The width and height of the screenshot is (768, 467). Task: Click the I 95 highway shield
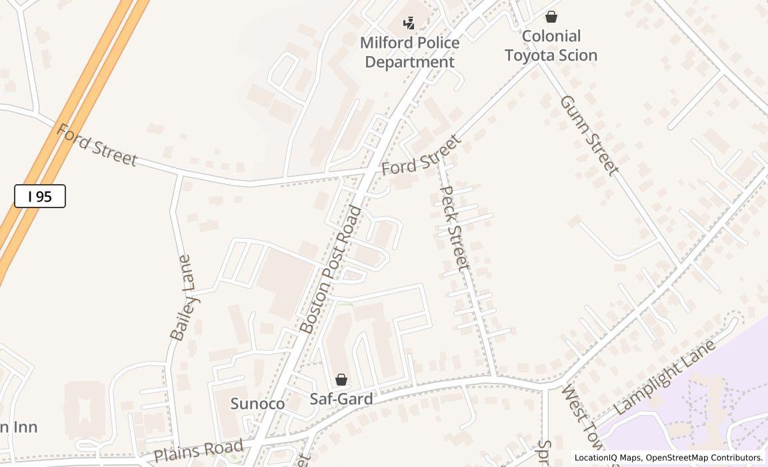point(40,196)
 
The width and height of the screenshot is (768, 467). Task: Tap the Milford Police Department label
point(409,52)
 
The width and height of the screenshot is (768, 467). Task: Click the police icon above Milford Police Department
point(409,24)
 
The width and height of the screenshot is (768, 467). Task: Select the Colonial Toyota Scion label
point(551,45)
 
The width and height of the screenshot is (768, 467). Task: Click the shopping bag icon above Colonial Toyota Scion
point(551,17)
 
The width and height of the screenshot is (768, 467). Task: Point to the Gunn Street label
point(589,135)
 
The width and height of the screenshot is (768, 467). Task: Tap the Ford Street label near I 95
point(97,145)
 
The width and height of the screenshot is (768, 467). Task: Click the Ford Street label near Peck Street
point(421,155)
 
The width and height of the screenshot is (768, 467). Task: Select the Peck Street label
point(455,227)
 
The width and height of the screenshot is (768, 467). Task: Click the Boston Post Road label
point(331,270)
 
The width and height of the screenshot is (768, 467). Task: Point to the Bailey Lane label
point(181,298)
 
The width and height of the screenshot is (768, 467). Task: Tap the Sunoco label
point(257,404)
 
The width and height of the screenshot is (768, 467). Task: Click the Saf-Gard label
point(341,399)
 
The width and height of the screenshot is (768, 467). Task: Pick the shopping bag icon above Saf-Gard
point(341,380)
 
